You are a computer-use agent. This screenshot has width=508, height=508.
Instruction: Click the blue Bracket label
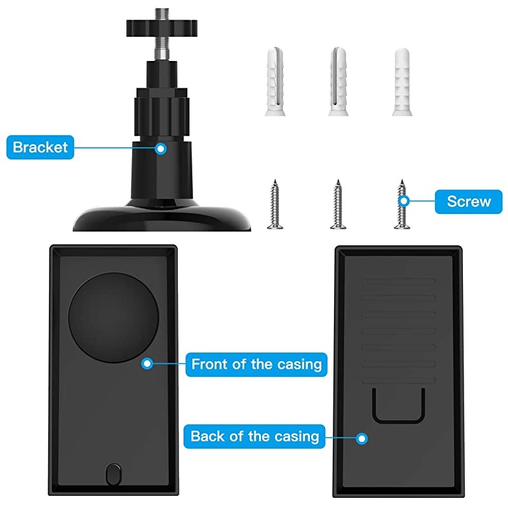pos(39,148)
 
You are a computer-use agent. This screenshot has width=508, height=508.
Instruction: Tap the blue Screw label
pos(469,201)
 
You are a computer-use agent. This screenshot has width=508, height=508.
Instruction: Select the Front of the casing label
pos(257,364)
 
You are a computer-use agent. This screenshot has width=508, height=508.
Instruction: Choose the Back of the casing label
pos(255,436)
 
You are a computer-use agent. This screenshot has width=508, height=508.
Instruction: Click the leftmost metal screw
pos(274,204)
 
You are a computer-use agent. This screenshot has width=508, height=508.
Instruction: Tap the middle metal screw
pos(337,204)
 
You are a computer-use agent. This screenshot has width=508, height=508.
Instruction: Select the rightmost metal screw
pos(400,204)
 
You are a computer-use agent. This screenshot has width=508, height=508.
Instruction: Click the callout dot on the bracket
pos(161,149)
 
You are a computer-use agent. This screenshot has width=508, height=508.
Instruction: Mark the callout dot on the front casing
pos(147,364)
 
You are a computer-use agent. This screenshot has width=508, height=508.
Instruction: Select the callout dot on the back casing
pos(362,438)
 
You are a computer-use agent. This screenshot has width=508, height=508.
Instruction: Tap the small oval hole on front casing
pos(114,473)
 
